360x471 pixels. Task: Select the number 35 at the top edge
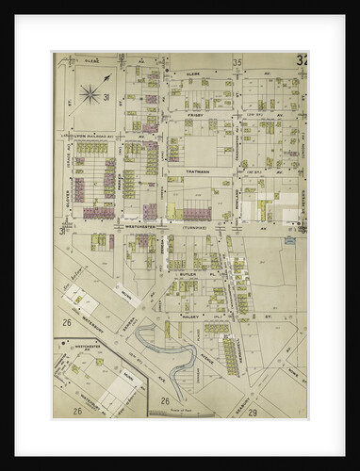(238, 63)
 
